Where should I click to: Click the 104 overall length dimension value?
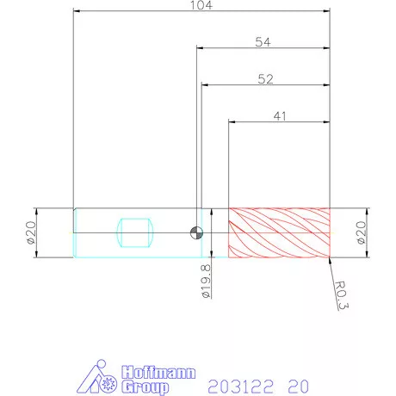[x=201, y=5]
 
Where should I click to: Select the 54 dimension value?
[x=263, y=42]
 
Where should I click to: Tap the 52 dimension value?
[x=265, y=79]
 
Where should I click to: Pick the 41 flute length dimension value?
[x=280, y=116]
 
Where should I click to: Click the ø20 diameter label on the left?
[x=31, y=232]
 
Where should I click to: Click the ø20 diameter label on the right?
[x=362, y=232]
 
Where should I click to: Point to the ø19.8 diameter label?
[x=206, y=282]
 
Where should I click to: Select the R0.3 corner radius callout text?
[x=342, y=295]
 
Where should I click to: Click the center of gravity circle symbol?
[x=197, y=232]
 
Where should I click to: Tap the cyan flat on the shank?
[x=135, y=232]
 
